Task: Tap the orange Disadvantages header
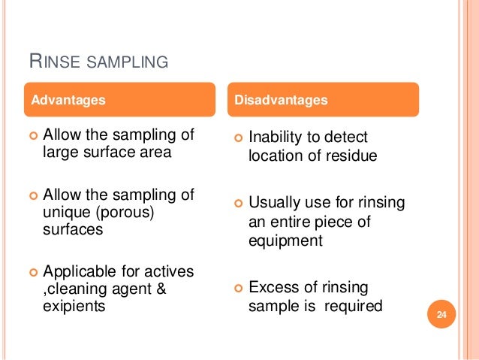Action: point(324,99)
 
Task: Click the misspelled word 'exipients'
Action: point(74,306)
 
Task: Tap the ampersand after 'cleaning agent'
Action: point(159,288)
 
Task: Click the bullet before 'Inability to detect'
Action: point(237,138)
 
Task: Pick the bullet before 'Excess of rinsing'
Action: point(237,288)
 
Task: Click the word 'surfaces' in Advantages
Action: point(72,230)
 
